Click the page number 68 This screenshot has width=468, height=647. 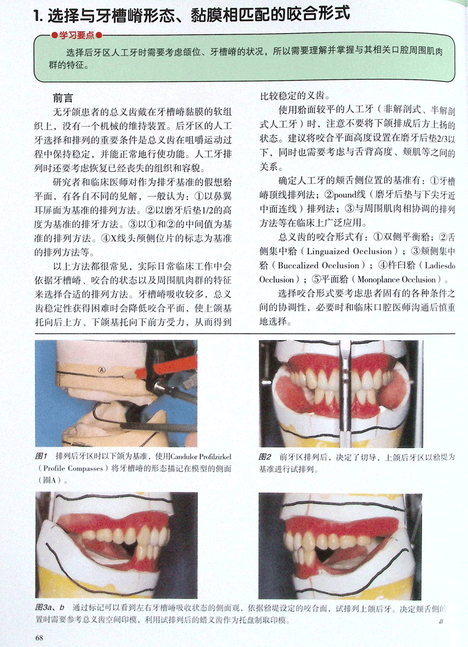(39, 637)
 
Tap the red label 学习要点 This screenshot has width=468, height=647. (77, 36)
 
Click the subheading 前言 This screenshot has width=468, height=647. (63, 98)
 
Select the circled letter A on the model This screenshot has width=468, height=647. (102, 370)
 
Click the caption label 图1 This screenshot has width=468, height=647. (41, 456)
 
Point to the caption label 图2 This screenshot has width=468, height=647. (265, 456)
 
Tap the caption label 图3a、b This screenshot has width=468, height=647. (49, 607)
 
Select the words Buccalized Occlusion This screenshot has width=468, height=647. (318, 265)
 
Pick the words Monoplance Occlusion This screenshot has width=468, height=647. (396, 280)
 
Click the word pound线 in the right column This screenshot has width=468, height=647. (350, 195)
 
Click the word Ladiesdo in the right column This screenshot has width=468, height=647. (440, 265)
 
